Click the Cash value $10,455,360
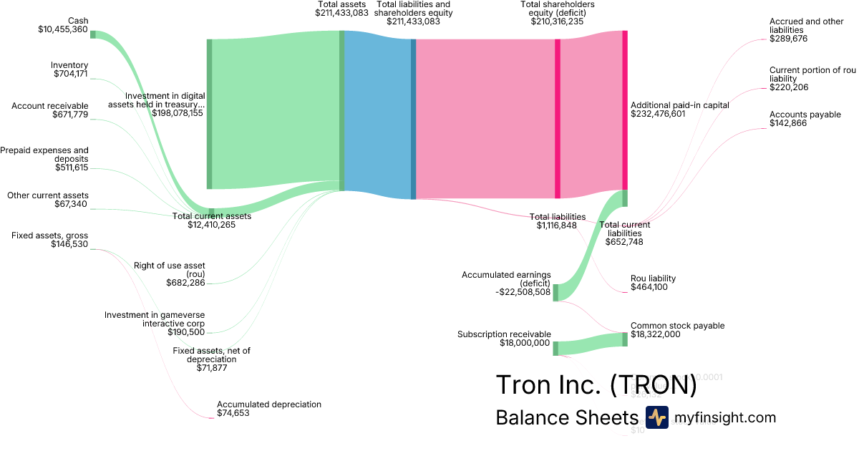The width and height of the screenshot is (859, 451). coord(63,30)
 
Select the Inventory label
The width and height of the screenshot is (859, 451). coord(69,65)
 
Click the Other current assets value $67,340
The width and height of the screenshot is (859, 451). coord(71,205)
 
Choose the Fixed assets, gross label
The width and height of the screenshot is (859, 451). coord(50,236)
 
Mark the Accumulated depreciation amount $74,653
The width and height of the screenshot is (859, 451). coord(233,414)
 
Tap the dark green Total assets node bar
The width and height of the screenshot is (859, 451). coord(342,111)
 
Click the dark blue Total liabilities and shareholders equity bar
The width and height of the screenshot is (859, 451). coord(413,119)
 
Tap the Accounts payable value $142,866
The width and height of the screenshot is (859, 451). coord(788,124)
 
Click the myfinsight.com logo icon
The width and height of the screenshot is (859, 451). coord(656,417)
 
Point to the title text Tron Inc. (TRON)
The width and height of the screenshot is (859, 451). coord(596,384)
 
